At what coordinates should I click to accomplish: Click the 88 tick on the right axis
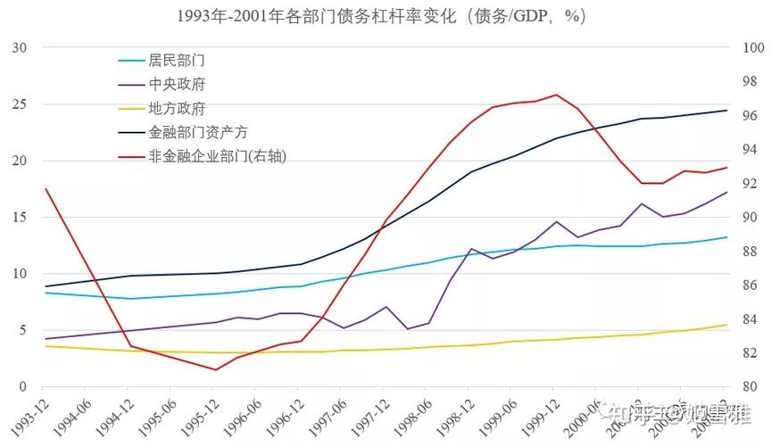(x=745, y=252)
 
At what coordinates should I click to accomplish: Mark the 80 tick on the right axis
(x=745, y=387)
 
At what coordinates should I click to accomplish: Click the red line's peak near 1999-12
(x=556, y=95)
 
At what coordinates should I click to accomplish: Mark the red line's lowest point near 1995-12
(x=215, y=369)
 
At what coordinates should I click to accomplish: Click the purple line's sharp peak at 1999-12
(x=556, y=221)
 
